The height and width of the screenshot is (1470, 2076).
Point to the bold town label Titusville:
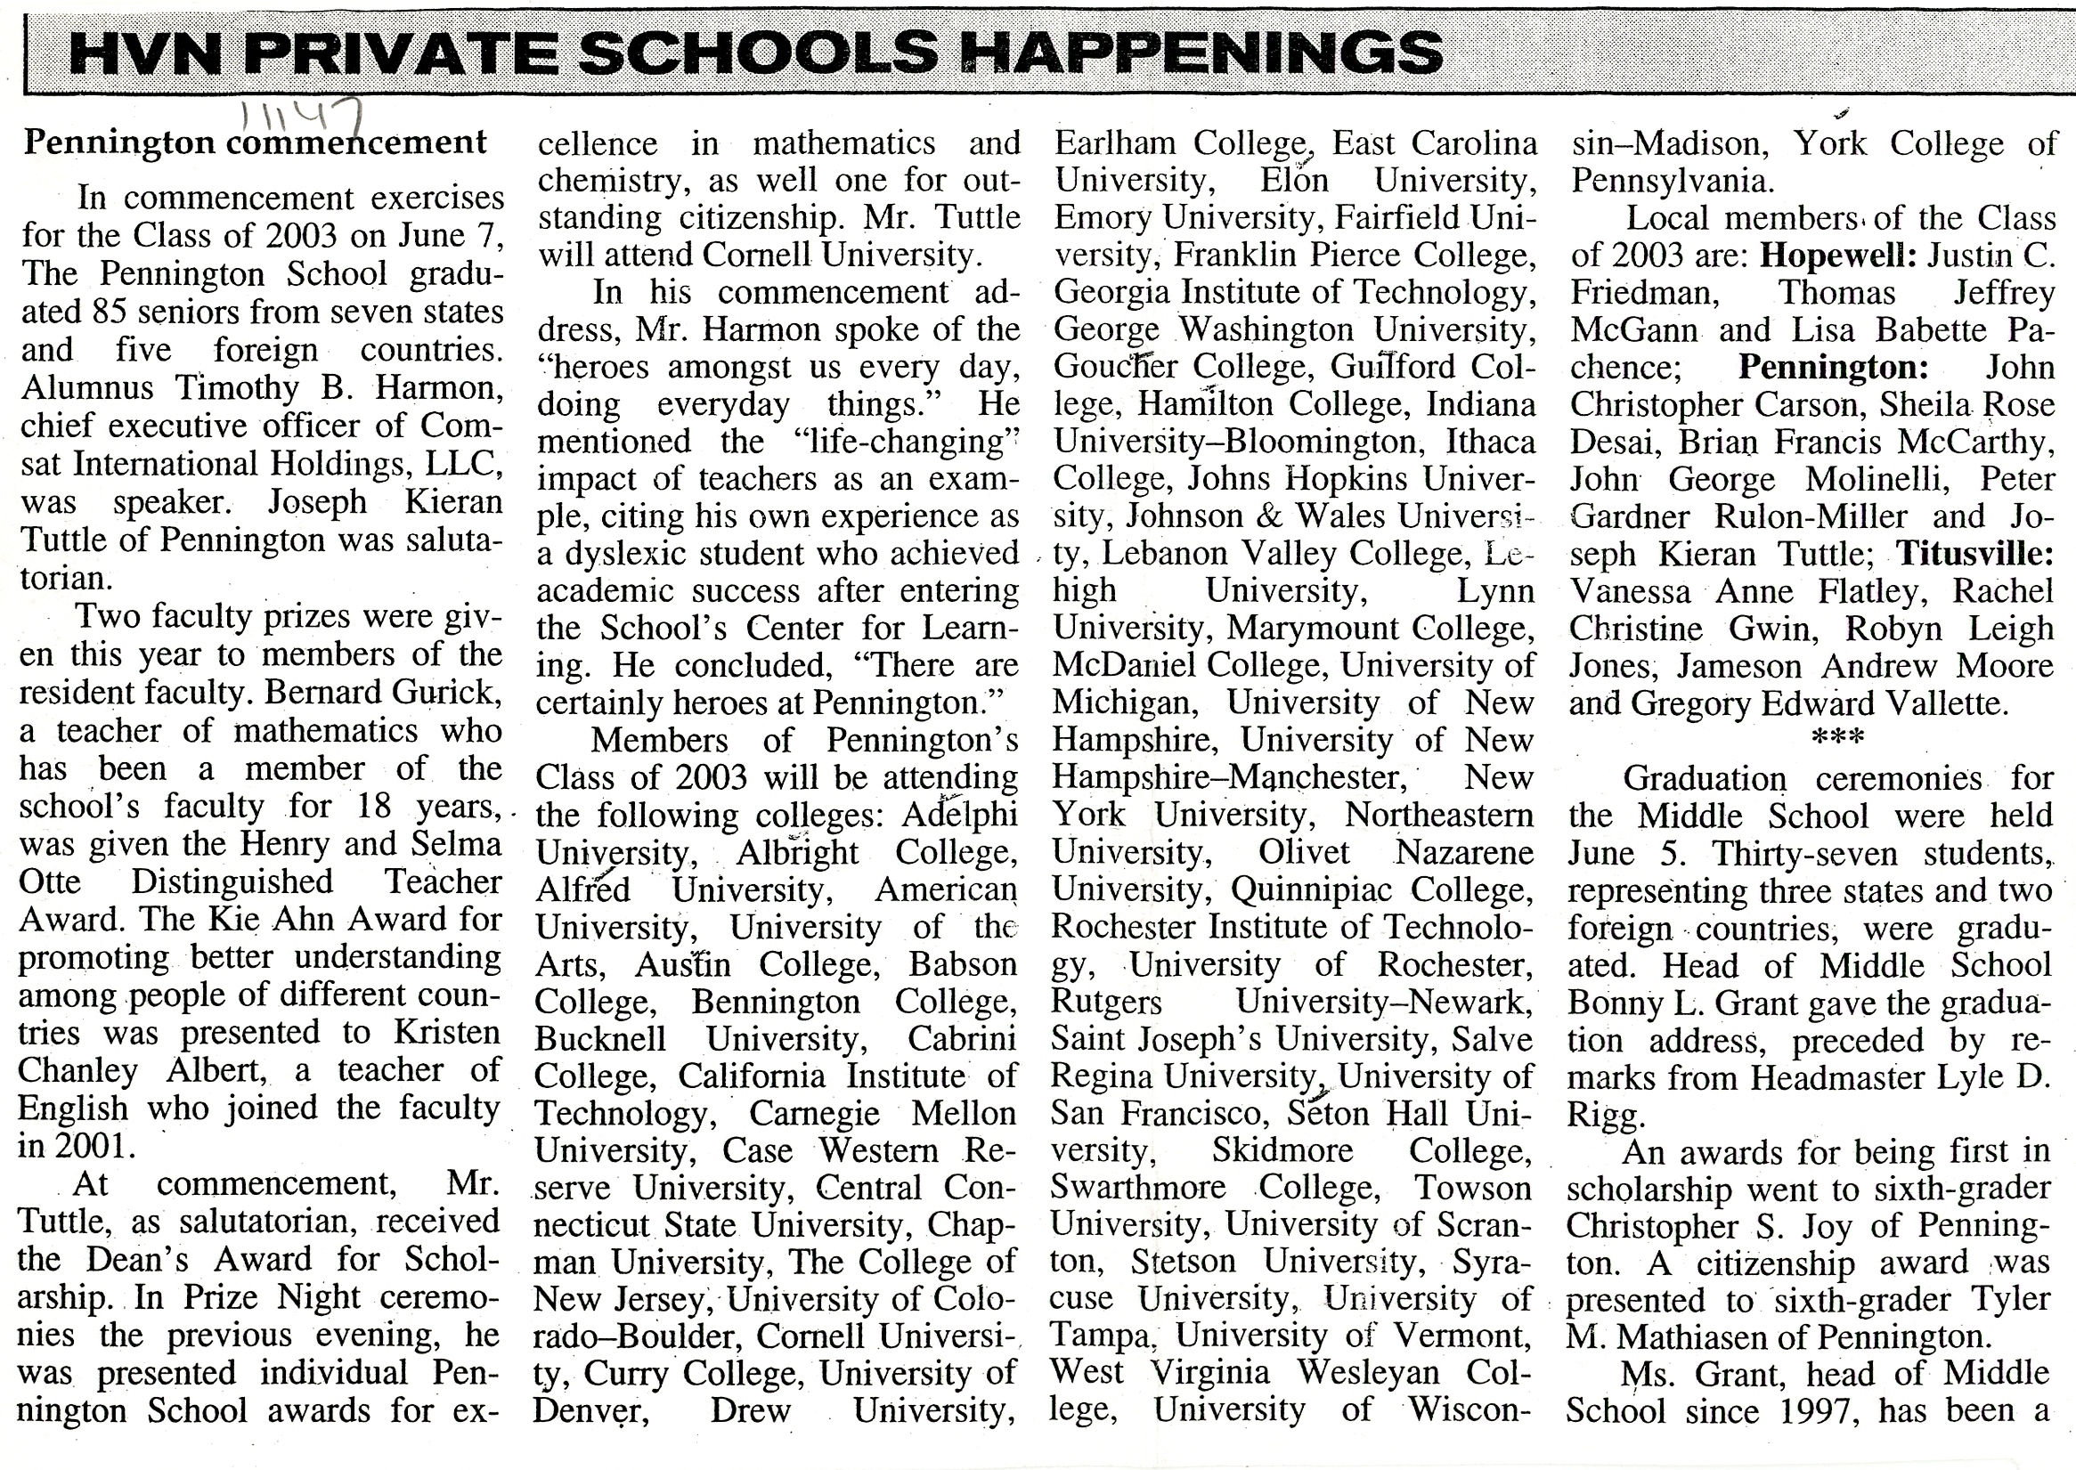1974,553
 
